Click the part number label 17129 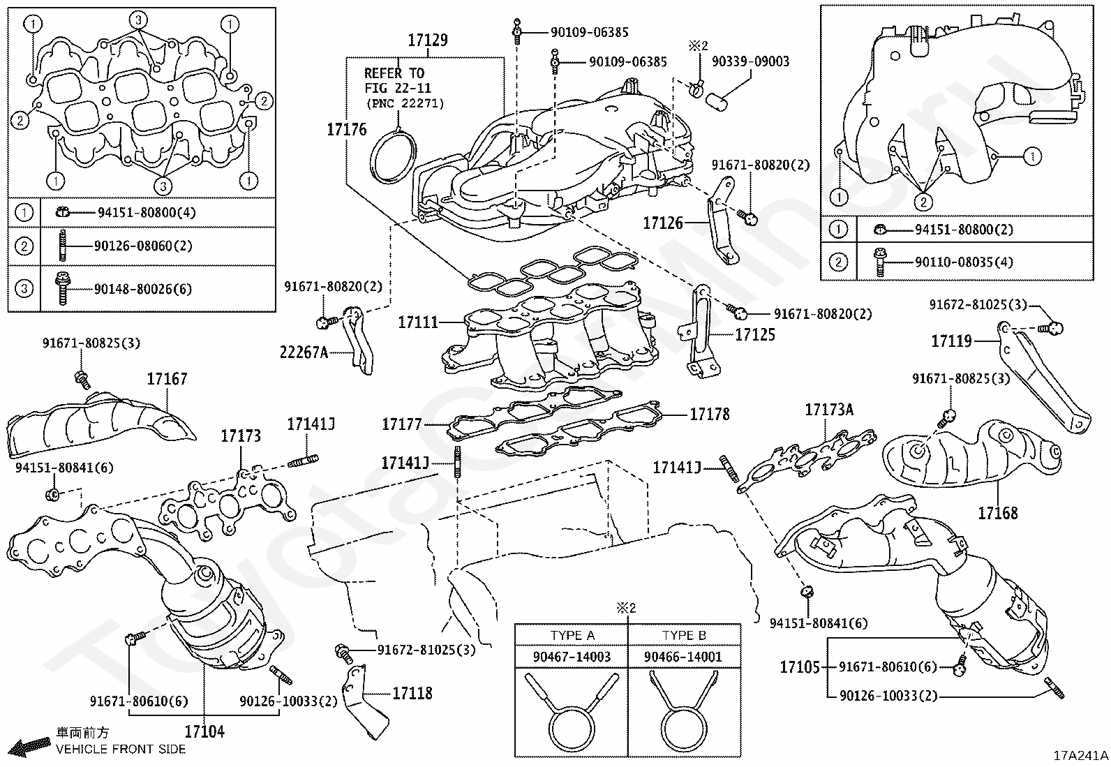pos(428,40)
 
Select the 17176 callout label pos(347,129)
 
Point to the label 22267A pos(304,352)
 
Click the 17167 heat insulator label pos(167,379)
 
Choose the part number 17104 pos(204,731)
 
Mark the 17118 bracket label pos(412,693)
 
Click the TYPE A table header pos(572,635)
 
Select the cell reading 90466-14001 pos(683,657)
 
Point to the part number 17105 pos(800,667)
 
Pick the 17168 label pos(997,514)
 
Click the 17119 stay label pos(951,341)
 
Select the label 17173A pos(829,410)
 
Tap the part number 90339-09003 pos(750,61)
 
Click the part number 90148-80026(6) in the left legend pos(143,289)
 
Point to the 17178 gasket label pos(710,415)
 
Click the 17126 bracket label pos(663,223)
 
